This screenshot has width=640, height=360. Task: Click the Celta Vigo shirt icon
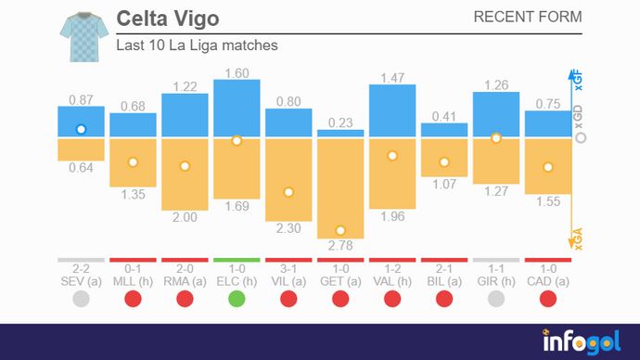[82, 36]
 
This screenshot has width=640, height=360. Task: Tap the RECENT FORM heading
[528, 17]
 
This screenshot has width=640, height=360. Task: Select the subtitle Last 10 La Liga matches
[197, 45]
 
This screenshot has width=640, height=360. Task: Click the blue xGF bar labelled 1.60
[237, 108]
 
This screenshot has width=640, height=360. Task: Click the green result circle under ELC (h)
[237, 299]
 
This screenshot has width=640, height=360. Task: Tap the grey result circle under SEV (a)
[81, 299]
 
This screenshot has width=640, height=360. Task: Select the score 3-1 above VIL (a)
[288, 268]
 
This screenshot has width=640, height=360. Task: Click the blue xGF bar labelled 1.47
[392, 111]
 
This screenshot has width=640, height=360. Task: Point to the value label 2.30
[288, 229]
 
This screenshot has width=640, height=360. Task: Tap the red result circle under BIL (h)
[444, 299]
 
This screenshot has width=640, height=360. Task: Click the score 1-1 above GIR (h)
[496, 268]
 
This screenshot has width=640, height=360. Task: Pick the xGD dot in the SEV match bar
[81, 130]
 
